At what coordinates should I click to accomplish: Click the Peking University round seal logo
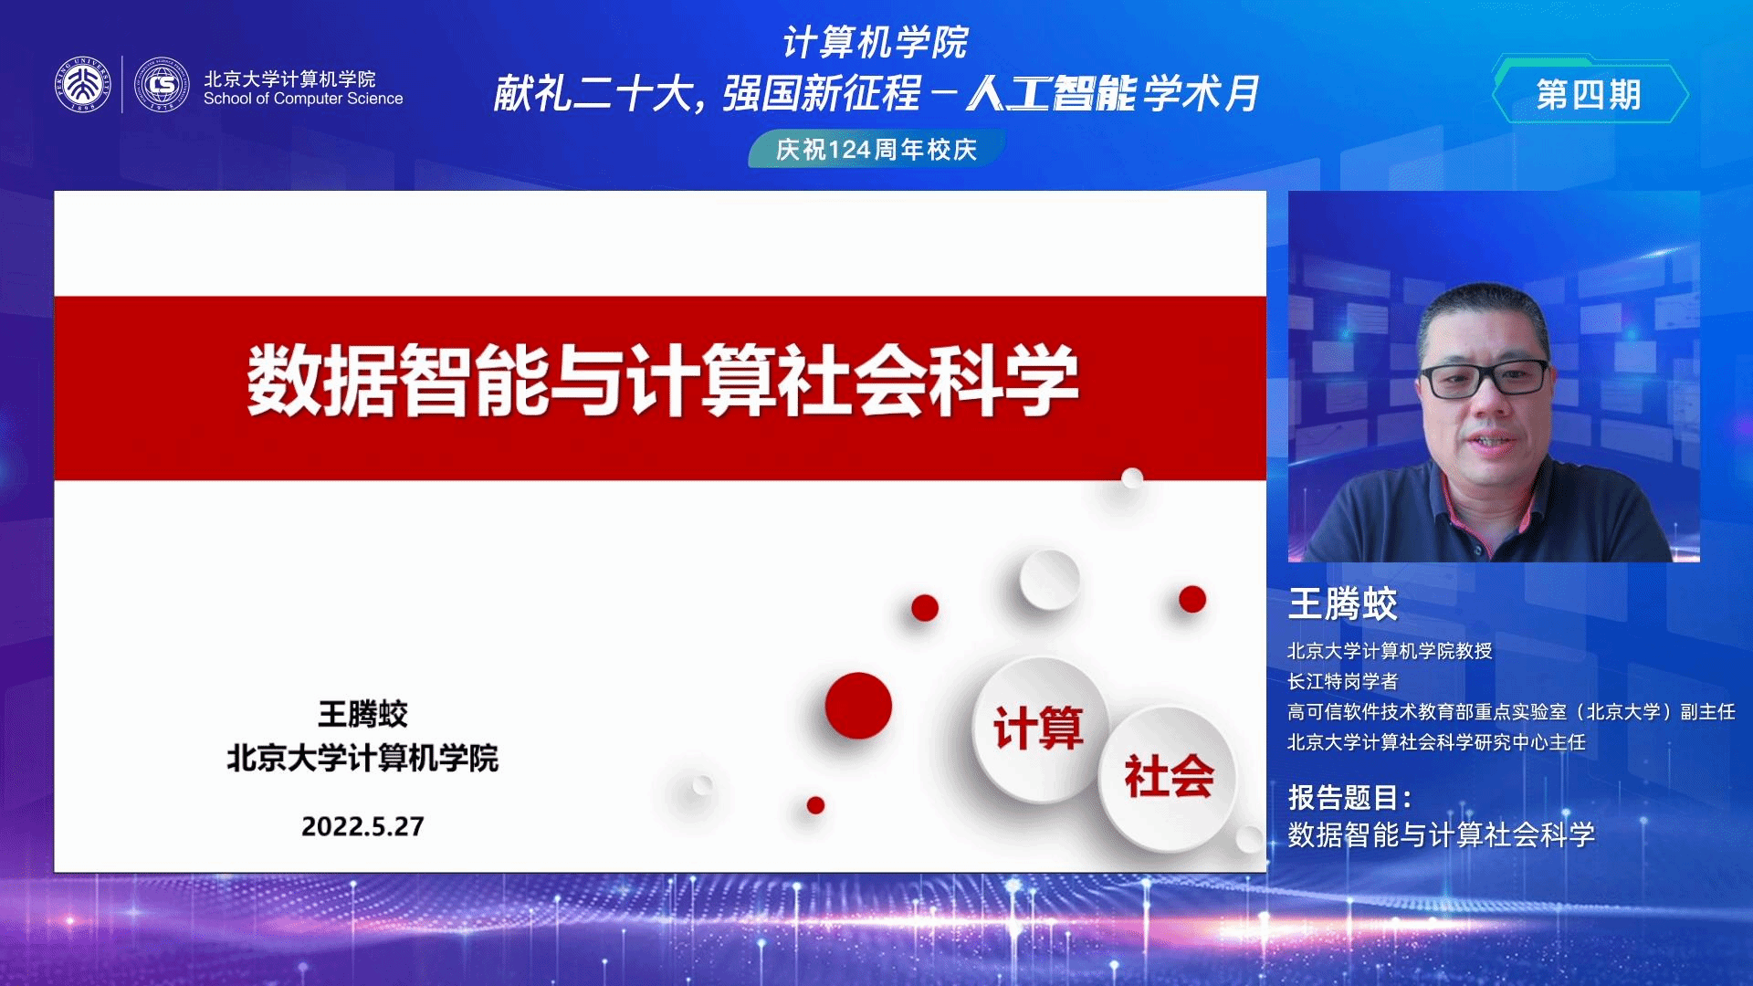pyautogui.click(x=82, y=85)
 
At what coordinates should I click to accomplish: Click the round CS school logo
pyautogui.click(x=162, y=85)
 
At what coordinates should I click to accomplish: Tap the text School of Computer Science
pyautogui.click(x=303, y=99)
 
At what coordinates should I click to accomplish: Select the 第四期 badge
pyautogui.click(x=1590, y=93)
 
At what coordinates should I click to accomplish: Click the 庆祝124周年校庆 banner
pyautogui.click(x=876, y=149)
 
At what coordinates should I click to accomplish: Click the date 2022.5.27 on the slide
pyautogui.click(x=362, y=826)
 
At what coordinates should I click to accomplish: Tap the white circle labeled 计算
pyautogui.click(x=1039, y=729)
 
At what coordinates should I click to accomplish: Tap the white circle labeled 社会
pyautogui.click(x=1169, y=777)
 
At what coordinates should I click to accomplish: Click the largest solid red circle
pyautogui.click(x=858, y=706)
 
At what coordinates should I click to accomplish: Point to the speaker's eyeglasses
pyautogui.click(x=1485, y=378)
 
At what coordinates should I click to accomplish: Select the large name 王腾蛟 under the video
pyautogui.click(x=1343, y=604)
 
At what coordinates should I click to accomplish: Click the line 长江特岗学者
pyautogui.click(x=1343, y=681)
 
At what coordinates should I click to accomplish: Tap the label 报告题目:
pyautogui.click(x=1350, y=798)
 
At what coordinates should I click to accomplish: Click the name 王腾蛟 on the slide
pyautogui.click(x=362, y=714)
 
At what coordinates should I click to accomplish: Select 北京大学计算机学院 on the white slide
pyautogui.click(x=362, y=758)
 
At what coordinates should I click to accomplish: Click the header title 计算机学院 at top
pyautogui.click(x=876, y=42)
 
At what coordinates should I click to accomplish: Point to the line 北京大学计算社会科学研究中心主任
pyautogui.click(x=1436, y=742)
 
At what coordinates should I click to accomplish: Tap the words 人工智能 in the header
pyautogui.click(x=1052, y=93)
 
